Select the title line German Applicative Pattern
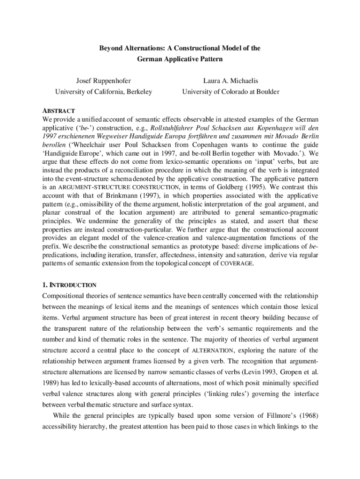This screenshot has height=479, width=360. coord(180,59)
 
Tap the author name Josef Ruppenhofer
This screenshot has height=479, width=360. coord(104,81)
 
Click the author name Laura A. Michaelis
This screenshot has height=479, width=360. coord(230,81)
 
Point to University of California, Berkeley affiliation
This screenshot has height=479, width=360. coord(103,92)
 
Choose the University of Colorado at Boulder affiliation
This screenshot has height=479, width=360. coord(230,92)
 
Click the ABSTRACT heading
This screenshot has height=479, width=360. coord(59,111)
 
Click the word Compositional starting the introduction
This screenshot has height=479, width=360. coord(65,296)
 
